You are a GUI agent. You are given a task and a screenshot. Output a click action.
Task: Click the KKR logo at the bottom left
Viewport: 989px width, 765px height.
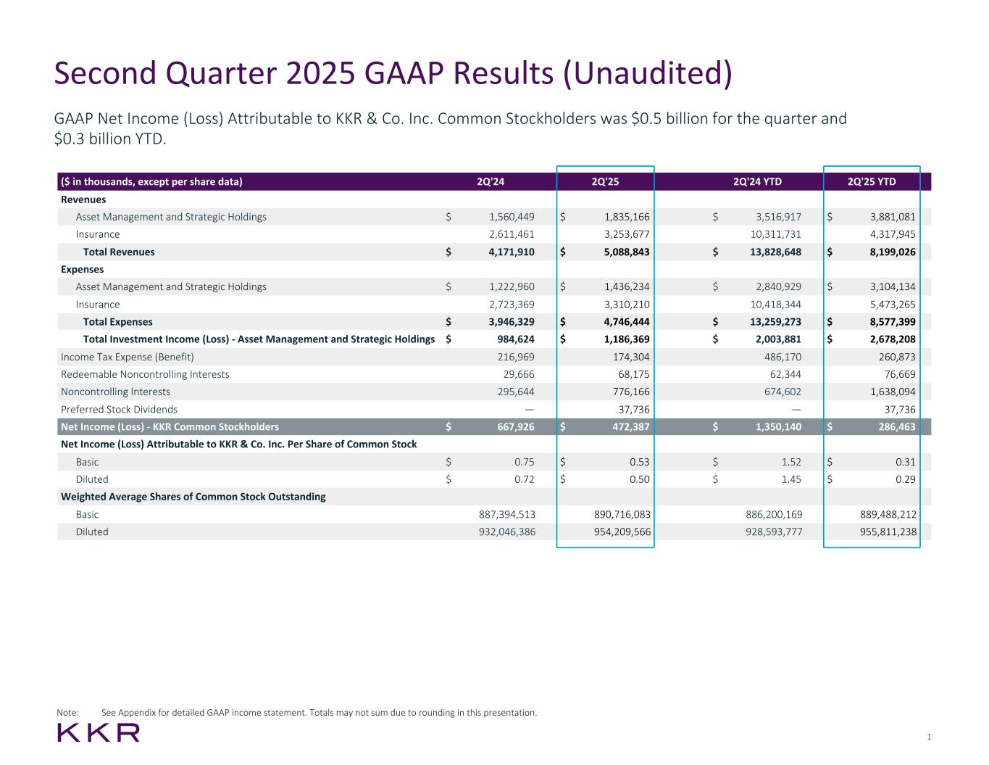point(99,732)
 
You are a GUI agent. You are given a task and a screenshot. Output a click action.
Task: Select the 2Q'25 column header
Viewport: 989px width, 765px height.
point(605,181)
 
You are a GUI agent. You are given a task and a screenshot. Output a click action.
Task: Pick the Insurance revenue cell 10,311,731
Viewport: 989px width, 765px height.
point(775,234)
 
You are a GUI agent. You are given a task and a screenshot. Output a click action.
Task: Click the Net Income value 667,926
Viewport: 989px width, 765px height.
point(512,427)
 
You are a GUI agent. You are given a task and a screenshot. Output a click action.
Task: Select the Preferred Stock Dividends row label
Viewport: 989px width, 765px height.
point(119,410)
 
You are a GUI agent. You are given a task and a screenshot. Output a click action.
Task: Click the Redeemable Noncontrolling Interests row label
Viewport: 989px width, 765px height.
point(145,374)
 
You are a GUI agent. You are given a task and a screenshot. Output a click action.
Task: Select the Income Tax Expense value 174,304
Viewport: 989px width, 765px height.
point(630,357)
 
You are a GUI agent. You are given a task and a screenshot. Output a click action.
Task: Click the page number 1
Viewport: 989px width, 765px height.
point(929,737)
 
